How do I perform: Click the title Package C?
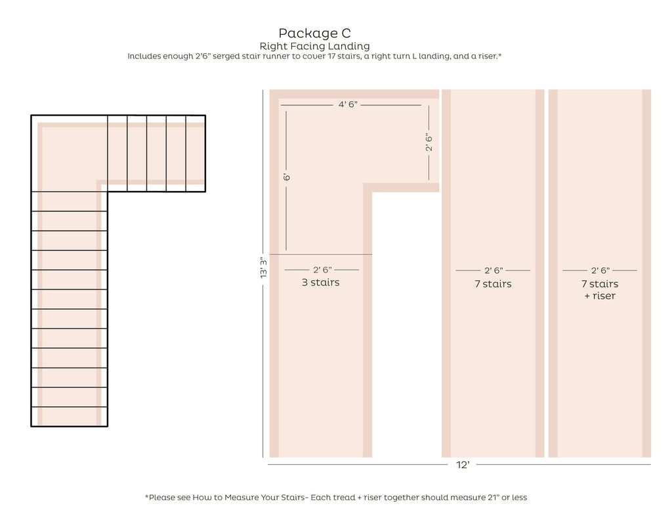click(314, 33)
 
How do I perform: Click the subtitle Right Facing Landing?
click(314, 46)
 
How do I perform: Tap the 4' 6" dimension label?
click(348, 104)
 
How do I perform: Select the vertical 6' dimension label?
click(287, 177)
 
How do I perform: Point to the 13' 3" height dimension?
click(263, 267)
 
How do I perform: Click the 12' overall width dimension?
click(463, 465)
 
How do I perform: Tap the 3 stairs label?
click(320, 282)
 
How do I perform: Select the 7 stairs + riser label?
click(600, 289)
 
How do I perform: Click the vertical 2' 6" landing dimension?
click(429, 142)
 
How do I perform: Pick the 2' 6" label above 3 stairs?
click(322, 270)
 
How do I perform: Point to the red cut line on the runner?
click(320, 254)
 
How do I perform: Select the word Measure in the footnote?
click(240, 498)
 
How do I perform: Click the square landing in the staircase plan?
click(69, 153)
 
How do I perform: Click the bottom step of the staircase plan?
click(69, 417)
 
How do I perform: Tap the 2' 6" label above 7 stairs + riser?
click(600, 270)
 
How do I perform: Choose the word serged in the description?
click(226, 56)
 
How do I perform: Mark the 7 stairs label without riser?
click(493, 284)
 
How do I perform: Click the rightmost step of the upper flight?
click(196, 153)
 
